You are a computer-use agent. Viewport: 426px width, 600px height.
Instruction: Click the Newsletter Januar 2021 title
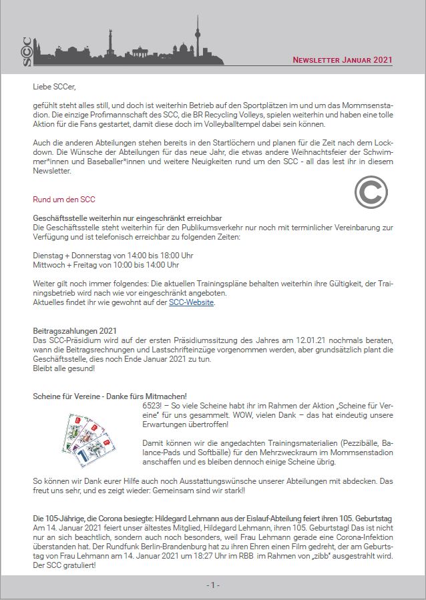click(x=343, y=60)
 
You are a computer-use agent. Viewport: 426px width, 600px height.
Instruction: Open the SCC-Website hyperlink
click(x=192, y=302)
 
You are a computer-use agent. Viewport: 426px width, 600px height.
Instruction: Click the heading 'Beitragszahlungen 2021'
click(x=75, y=331)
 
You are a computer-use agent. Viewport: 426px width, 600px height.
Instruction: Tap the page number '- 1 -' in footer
click(x=212, y=585)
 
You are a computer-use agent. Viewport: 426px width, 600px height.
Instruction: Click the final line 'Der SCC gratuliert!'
click(x=63, y=565)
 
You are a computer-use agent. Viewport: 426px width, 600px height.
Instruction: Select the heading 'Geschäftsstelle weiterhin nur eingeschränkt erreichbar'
click(x=128, y=218)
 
